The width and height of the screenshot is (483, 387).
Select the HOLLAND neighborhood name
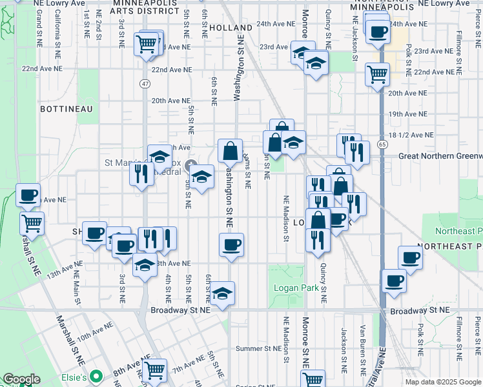[231, 28]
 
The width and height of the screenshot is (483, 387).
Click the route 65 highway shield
[383, 145]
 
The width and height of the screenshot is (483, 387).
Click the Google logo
[21, 379]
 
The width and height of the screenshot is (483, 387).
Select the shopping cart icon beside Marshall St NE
[31, 223]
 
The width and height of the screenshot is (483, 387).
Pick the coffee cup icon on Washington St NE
[231, 244]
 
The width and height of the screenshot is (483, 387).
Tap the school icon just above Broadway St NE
[222, 293]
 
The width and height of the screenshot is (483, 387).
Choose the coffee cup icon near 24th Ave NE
[378, 31]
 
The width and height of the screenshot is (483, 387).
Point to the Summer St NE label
[257, 349]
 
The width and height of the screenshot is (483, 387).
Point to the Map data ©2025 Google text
[442, 382]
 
